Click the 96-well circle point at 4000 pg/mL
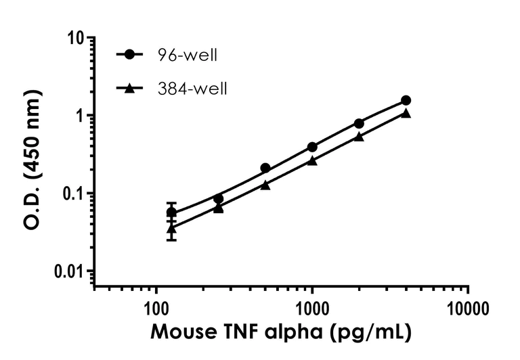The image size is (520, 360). (x=406, y=100)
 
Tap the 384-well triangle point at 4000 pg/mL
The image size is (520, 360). (x=406, y=113)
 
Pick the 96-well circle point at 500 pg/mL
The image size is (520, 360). (x=265, y=168)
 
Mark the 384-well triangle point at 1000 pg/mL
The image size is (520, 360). (x=312, y=160)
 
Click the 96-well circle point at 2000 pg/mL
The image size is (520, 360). (x=359, y=123)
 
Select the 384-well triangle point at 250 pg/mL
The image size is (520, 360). (x=219, y=208)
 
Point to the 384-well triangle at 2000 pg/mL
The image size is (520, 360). (x=359, y=136)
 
